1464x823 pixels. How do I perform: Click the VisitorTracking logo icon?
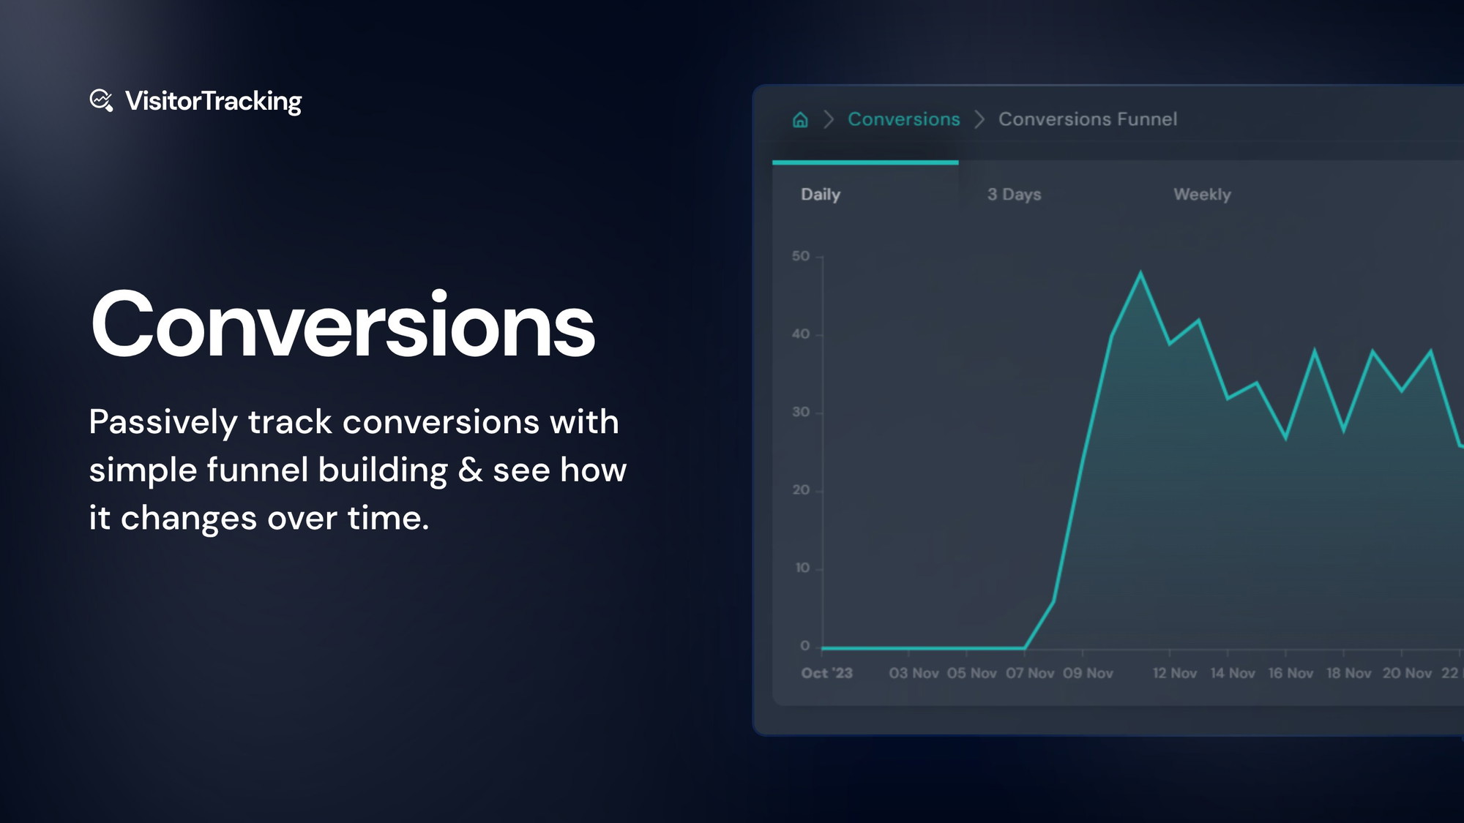(101, 100)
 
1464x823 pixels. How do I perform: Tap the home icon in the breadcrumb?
(800, 119)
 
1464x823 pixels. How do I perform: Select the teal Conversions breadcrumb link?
(903, 119)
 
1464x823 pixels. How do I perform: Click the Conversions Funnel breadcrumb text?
(1088, 119)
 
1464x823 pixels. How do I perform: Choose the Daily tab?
(821, 195)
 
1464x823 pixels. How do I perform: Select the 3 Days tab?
(1014, 195)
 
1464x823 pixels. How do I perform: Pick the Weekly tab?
(1202, 195)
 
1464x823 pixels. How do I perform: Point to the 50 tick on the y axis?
(801, 256)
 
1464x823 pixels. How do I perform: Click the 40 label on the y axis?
(801, 334)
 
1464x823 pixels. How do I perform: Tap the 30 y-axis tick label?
(801, 412)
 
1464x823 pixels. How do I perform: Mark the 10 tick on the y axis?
(802, 568)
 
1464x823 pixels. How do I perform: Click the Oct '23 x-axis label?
(826, 673)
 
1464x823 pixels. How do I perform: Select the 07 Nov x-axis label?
(1030, 673)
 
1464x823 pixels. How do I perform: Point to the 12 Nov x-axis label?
(1175, 673)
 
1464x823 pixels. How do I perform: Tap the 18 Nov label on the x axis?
(1348, 673)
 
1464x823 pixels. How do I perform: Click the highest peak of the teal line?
(1140, 273)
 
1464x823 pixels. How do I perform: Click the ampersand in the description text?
(470, 470)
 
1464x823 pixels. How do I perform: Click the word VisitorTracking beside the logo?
(213, 101)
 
